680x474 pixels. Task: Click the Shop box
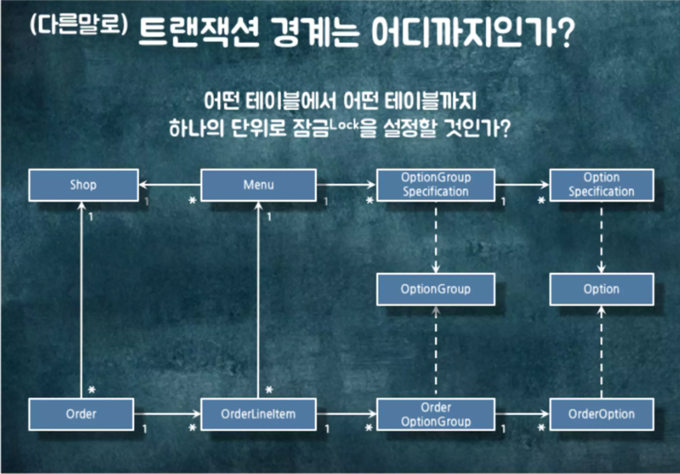click(x=83, y=185)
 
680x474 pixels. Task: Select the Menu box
click(x=258, y=185)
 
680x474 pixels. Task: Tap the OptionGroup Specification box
click(x=436, y=185)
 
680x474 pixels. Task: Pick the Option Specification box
click(x=601, y=185)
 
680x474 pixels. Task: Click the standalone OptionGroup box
click(x=436, y=289)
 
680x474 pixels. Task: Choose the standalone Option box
click(x=601, y=289)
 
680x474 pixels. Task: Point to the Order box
click(x=81, y=414)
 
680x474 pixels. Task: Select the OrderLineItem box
click(x=258, y=414)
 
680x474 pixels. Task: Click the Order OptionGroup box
click(x=436, y=414)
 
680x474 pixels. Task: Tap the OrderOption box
click(x=601, y=414)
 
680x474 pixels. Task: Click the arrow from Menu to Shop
click(x=170, y=185)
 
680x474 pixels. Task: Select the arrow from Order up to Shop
click(x=81, y=300)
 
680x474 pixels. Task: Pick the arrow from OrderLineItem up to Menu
click(x=258, y=300)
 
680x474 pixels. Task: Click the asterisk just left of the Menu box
click(x=192, y=200)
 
